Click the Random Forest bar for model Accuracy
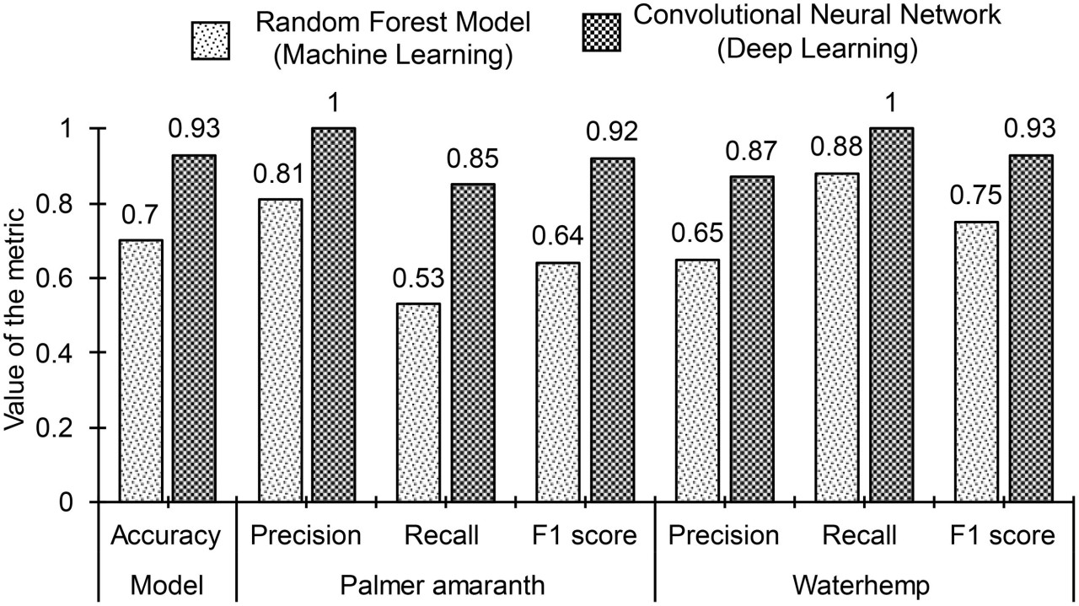pyautogui.click(x=142, y=371)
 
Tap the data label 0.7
pyautogui.click(x=141, y=219)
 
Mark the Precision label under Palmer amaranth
pyautogui.click(x=305, y=535)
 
